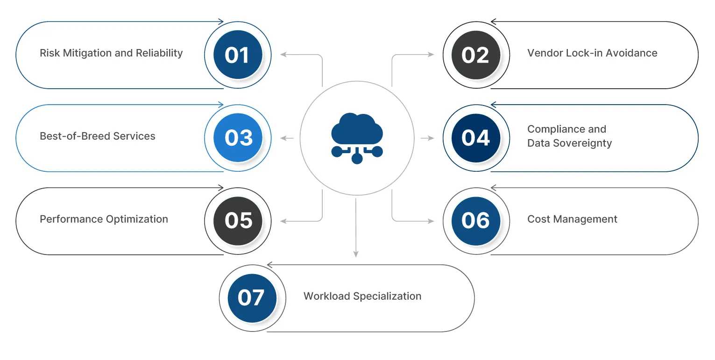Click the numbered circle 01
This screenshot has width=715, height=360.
pos(238,55)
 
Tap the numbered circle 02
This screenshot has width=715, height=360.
pos(475,55)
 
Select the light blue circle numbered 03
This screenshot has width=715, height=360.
pos(238,138)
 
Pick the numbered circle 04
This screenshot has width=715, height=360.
pos(475,138)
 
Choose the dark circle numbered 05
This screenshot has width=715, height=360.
pos(238,221)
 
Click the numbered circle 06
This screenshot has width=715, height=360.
pos(475,221)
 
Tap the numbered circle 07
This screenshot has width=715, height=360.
pos(252,298)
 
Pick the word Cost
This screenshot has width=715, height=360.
pos(537,219)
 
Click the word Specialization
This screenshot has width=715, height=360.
pos(388,296)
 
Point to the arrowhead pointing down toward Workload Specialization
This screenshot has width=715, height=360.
pos(356,254)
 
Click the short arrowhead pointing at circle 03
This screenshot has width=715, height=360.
pos(283,138)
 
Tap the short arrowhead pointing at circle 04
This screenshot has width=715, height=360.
pos(431,138)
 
